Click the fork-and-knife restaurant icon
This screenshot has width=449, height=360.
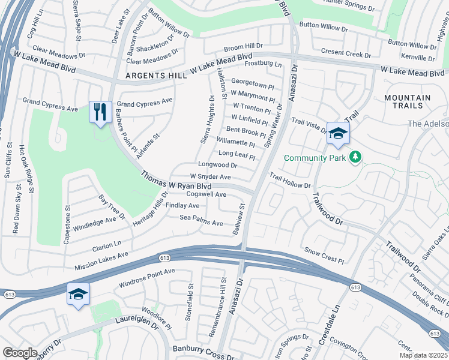[x=100, y=112]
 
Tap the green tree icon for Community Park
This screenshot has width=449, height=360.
[x=356, y=157]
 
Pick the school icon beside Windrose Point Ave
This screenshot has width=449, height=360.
[x=78, y=294]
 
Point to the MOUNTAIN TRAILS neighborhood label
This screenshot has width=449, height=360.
[x=408, y=101]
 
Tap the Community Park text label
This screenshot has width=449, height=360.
[x=315, y=158]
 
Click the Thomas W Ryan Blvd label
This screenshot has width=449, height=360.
[x=169, y=182]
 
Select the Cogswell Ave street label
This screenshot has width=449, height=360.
[x=206, y=194]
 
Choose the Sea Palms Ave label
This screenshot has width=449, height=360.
[x=201, y=220]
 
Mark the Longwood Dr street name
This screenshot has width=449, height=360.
[x=217, y=164]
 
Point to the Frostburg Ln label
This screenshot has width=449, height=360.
[x=262, y=63]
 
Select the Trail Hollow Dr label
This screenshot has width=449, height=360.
[x=289, y=181]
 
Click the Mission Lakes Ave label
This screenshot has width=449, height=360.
[x=101, y=260]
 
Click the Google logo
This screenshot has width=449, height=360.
[x=20, y=353]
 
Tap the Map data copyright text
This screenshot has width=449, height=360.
[x=423, y=356]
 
